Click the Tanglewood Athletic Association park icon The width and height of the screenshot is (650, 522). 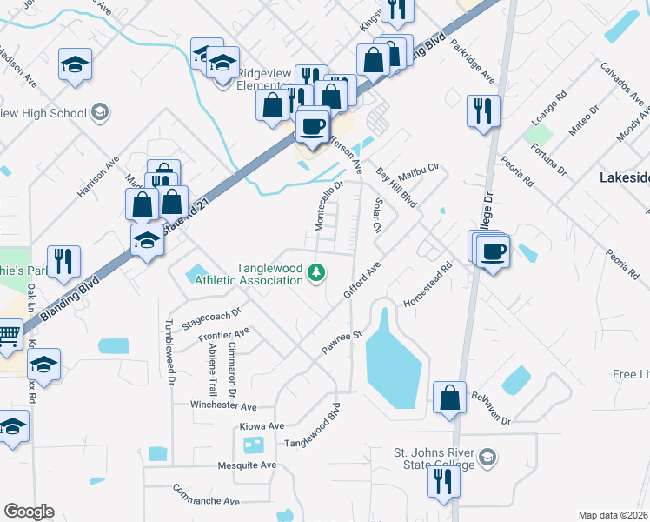(318, 273)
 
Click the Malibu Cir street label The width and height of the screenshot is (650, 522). (421, 169)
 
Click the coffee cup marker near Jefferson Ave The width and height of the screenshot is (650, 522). (313, 127)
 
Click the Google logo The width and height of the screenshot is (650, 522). (29, 512)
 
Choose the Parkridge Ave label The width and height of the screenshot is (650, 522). (474, 63)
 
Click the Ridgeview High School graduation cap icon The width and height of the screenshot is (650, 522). (99, 112)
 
